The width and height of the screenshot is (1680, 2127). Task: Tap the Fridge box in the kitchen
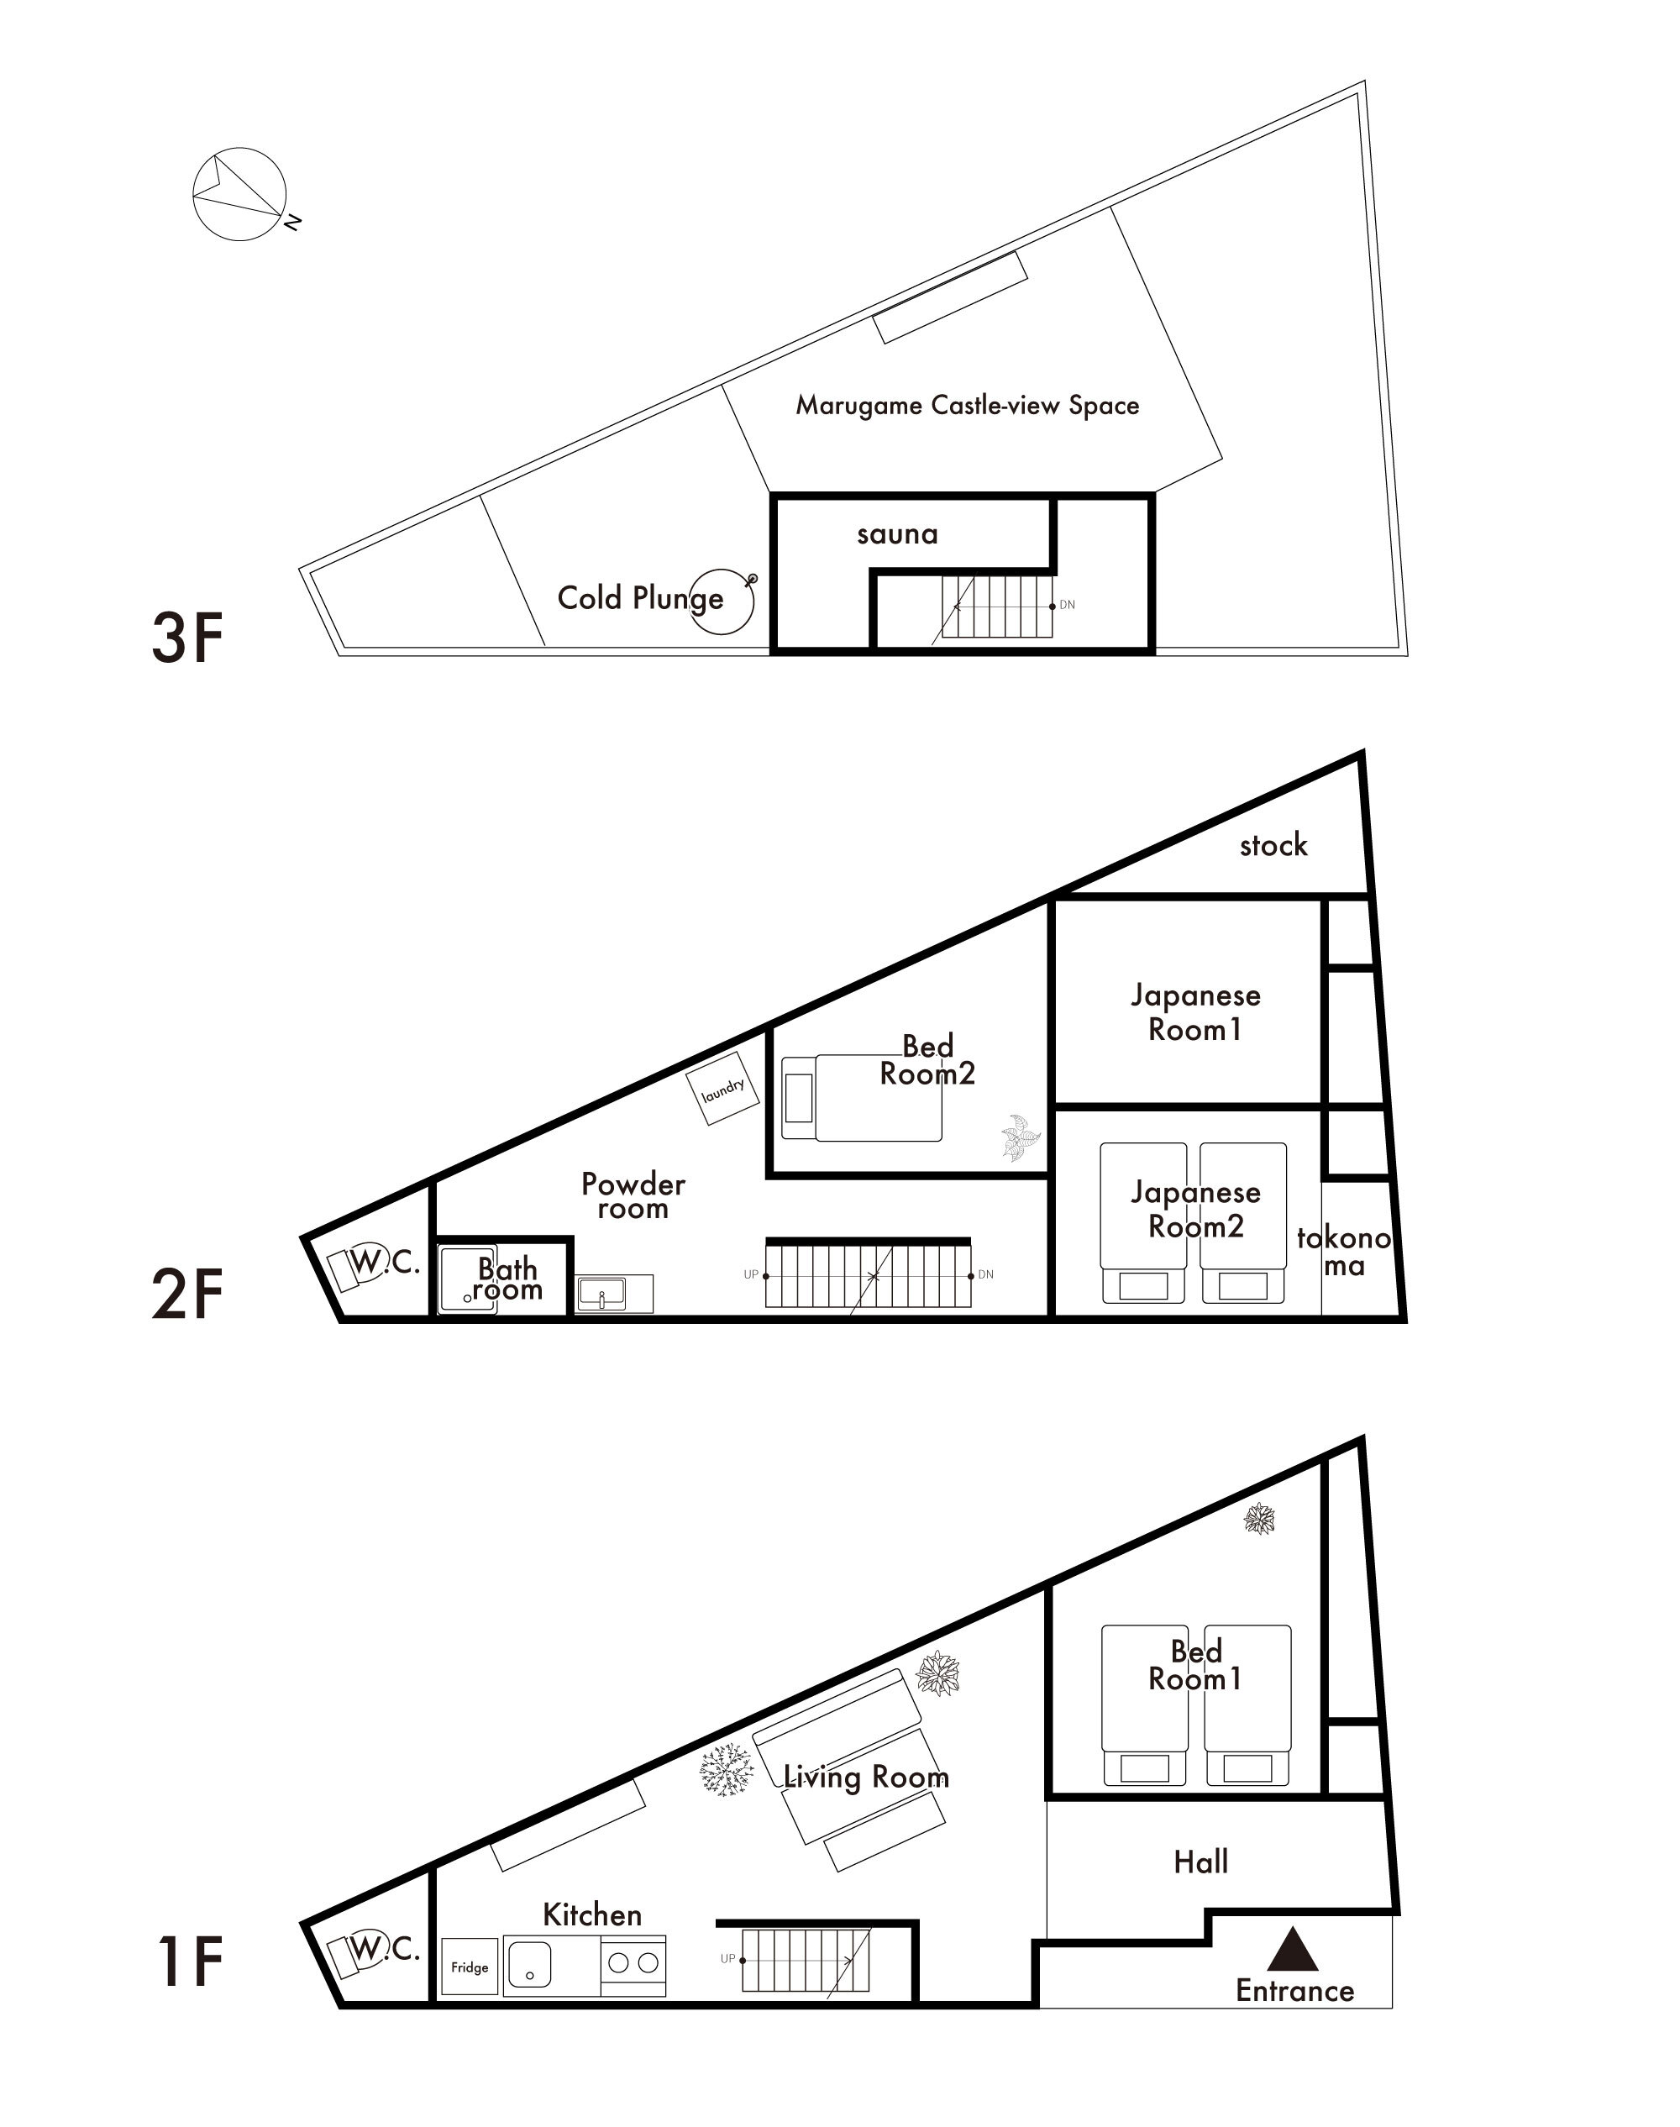470,1967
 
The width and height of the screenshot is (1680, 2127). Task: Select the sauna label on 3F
897,534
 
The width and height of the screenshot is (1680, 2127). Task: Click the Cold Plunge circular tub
721,601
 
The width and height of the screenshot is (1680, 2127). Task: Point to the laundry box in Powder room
723,1088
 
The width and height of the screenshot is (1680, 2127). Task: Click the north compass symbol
243,195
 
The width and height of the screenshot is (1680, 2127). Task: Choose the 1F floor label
191,1962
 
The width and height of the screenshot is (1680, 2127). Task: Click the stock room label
1273,844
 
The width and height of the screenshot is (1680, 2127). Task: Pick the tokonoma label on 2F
1344,1251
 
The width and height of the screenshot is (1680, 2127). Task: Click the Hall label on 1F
1201,1862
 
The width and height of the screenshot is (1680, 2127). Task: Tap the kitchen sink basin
529,1967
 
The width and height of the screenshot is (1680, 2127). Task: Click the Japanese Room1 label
1195,1012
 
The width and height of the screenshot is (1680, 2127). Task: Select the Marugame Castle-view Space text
967,406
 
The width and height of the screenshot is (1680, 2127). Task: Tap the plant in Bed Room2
1021,1137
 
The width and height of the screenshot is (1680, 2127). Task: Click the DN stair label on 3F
1067,605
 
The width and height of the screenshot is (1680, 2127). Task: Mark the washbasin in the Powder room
601,1294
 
